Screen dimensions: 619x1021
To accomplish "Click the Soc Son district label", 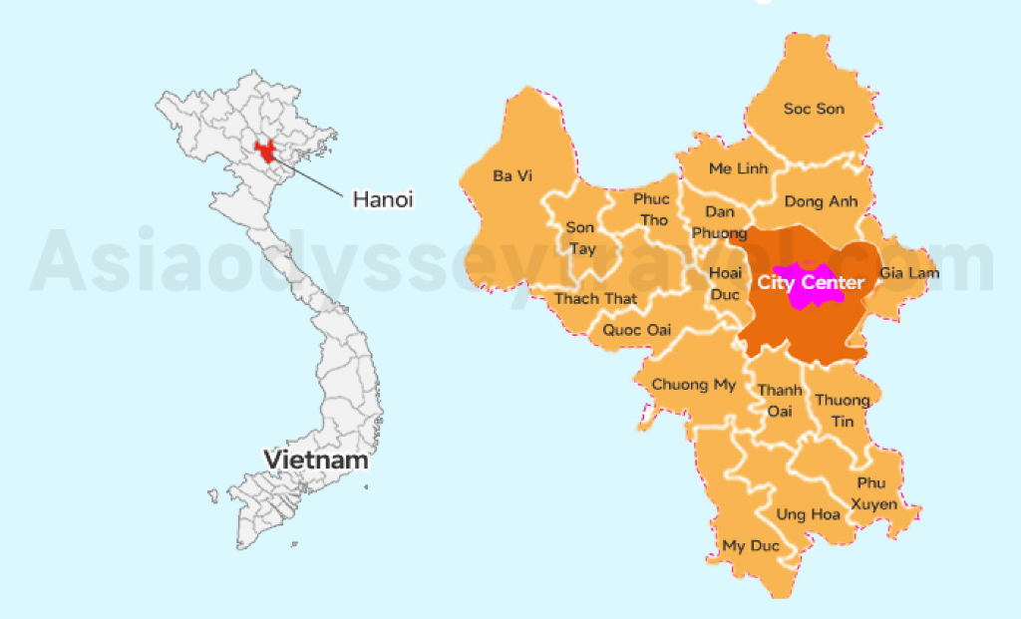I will pos(814,109).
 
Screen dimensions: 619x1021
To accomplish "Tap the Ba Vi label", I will pos(512,175).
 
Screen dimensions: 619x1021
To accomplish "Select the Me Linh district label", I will pos(738,168).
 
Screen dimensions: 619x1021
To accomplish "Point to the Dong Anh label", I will pos(821,201).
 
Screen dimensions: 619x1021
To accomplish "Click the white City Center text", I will pos(810,283).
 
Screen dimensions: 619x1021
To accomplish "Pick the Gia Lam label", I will pos(908,273).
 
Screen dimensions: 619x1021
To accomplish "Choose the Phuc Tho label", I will pos(651,208).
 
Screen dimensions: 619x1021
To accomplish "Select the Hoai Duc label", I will pos(725,282).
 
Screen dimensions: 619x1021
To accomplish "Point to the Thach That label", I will pos(595,298).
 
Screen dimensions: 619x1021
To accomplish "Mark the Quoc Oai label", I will pos(637,330).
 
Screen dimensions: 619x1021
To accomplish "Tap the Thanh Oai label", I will pos(778,401).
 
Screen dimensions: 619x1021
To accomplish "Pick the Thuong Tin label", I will pos(843,411).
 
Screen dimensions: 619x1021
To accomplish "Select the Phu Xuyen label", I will pos(877,493).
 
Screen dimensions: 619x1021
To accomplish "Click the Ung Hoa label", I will pos(808,514).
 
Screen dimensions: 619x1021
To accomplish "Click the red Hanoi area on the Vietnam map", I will pos(265,152).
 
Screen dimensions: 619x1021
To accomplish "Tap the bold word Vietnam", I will pos(316,460).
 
